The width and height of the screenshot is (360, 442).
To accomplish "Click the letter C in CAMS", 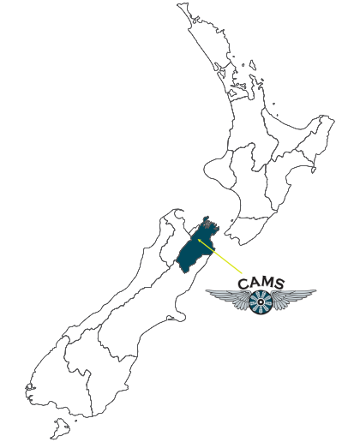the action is click(243, 284).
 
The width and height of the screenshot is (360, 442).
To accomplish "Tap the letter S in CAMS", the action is click(279, 283).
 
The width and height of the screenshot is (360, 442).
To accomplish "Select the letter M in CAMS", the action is click(266, 283).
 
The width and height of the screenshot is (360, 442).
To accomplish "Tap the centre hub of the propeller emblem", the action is click(261, 302).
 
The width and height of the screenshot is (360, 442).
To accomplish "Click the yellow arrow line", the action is click(220, 256).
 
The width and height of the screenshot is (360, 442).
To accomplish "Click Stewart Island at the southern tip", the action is click(61, 428).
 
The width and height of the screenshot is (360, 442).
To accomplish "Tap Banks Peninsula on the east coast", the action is click(178, 316).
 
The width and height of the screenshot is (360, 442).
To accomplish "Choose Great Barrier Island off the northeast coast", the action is click(253, 65).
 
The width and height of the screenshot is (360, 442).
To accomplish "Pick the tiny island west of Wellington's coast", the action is click(231, 221).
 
